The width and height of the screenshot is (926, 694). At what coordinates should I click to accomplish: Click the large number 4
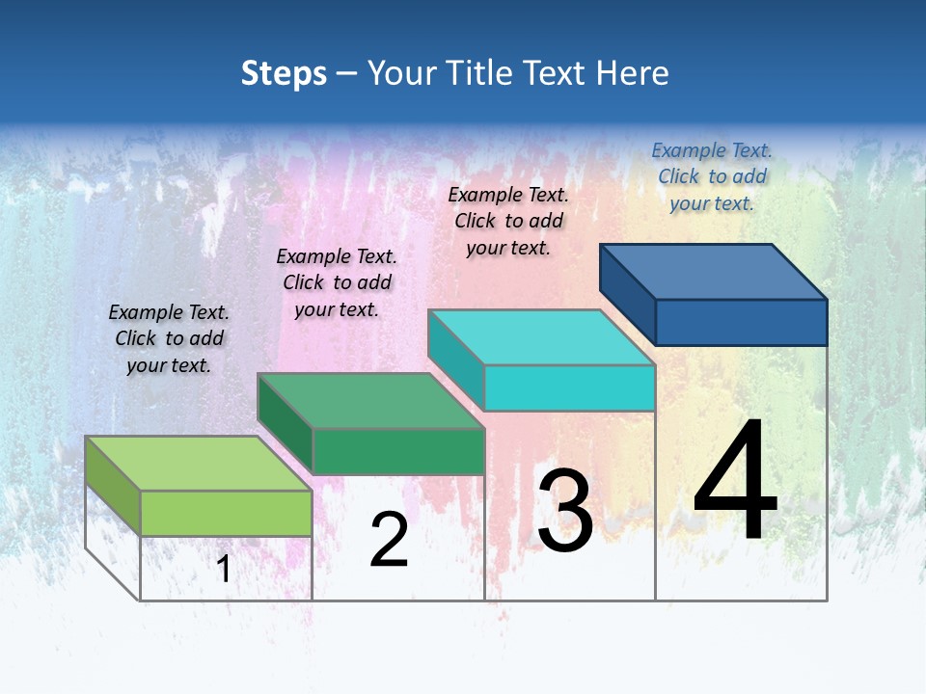tap(735, 481)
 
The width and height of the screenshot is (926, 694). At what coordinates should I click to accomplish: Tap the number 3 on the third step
tap(564, 511)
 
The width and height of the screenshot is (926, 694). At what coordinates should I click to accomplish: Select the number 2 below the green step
tap(389, 540)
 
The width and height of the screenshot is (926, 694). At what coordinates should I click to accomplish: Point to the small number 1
tap(224, 569)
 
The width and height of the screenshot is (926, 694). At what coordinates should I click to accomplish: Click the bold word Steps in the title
tap(284, 73)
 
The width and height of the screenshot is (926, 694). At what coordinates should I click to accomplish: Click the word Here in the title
tap(632, 73)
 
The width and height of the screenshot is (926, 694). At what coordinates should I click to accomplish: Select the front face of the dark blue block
tap(741, 322)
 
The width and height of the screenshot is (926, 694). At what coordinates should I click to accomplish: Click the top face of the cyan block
tap(541, 337)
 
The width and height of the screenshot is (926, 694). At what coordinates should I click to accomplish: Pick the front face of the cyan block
tap(569, 387)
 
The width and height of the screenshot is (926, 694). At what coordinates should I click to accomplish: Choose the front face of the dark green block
tap(398, 451)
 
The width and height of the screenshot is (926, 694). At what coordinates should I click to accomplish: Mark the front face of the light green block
tap(226, 513)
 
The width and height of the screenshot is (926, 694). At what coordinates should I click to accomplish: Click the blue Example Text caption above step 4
tap(712, 176)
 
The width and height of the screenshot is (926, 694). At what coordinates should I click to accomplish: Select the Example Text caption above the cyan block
tap(508, 221)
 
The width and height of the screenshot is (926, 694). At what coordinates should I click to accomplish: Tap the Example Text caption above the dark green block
tap(337, 282)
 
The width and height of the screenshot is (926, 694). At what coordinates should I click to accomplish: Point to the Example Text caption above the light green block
tap(169, 338)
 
